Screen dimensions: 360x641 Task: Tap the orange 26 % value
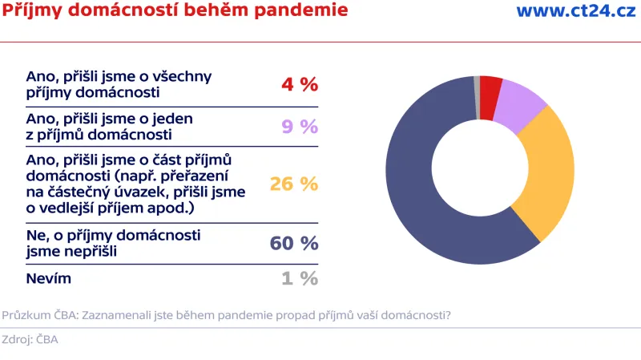tap(294, 184)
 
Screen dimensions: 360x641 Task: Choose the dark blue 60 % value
tap(294, 243)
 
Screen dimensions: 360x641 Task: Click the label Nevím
tap(49, 278)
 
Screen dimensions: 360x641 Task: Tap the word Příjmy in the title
tap(32, 11)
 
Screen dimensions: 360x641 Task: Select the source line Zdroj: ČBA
tap(30, 339)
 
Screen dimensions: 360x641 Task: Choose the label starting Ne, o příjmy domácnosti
tap(113, 242)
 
